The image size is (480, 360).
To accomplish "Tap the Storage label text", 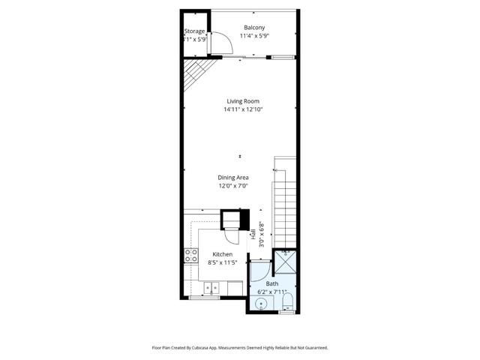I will [194, 31].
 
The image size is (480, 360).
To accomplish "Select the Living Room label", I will [243, 101].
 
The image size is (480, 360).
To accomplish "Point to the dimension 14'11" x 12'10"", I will [243, 109].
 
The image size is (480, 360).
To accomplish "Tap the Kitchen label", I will [222, 254].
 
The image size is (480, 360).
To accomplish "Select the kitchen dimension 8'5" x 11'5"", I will [222, 262].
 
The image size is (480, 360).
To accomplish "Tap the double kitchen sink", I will [213, 286].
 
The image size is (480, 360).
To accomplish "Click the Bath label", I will [271, 283].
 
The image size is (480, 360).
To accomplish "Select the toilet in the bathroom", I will [286, 303].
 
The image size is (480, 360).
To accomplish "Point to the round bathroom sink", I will [260, 304].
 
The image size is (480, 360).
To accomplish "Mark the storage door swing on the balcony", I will [223, 45].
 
